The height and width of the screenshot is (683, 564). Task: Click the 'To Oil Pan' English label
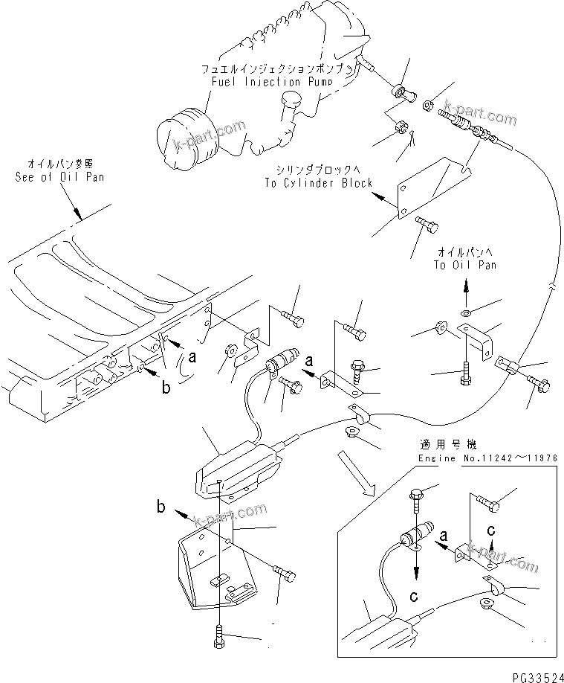tap(465, 265)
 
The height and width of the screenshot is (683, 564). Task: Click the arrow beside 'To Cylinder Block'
tap(380, 199)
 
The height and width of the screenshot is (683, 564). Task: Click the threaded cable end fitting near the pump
tap(457, 119)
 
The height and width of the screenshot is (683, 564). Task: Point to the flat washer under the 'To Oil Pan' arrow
tap(466, 310)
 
